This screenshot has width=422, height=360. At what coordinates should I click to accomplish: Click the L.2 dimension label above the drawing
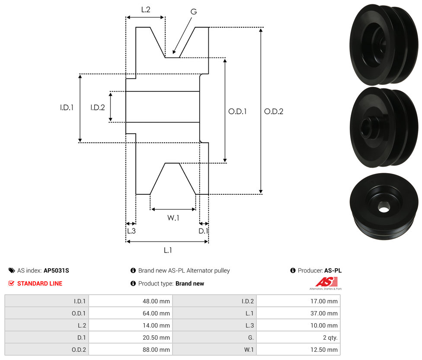point(146,9)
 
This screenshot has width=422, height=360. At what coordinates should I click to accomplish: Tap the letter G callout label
point(194,12)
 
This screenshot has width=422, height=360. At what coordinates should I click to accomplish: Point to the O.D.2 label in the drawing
point(273,111)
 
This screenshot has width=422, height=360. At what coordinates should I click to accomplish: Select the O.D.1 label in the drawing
point(237,111)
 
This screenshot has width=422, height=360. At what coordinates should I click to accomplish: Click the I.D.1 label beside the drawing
point(67,107)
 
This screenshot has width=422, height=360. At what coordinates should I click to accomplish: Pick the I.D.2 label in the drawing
point(97,107)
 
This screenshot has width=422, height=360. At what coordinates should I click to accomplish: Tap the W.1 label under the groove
point(173,218)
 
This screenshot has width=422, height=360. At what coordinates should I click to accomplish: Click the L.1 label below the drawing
point(168,250)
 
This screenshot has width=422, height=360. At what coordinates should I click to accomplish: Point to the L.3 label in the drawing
point(131,231)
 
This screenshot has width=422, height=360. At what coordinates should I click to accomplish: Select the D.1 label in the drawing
point(203,231)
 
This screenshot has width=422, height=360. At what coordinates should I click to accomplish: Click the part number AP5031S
point(56,270)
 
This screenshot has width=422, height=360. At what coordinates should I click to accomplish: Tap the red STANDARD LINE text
point(40,283)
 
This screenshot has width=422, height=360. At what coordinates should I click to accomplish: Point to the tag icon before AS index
point(12,270)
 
